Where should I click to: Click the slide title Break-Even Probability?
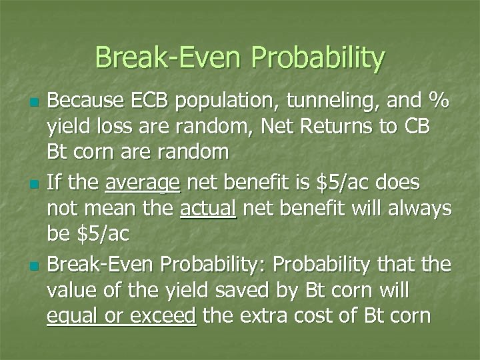(240, 58)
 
